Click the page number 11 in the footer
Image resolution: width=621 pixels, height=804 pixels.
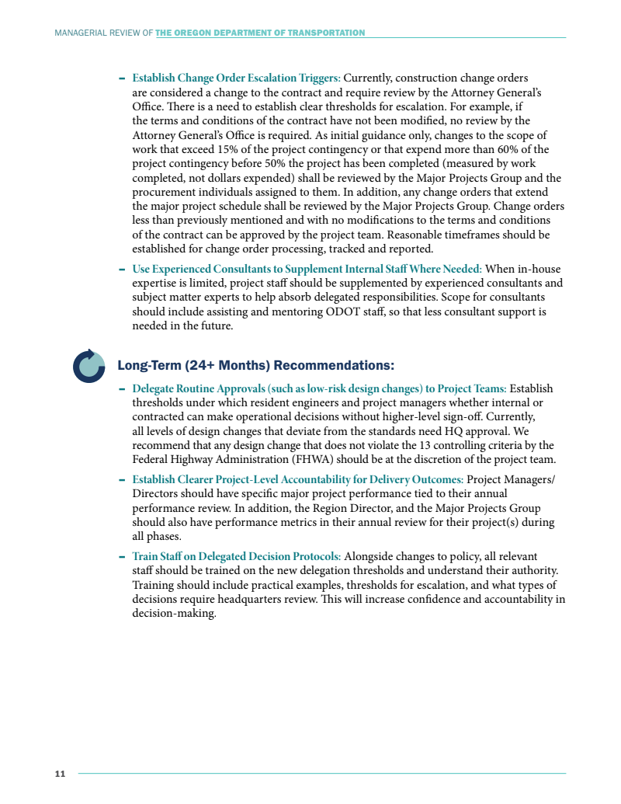59,773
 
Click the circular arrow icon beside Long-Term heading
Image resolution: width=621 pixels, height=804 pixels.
88,366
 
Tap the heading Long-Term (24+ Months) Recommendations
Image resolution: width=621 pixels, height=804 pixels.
255,365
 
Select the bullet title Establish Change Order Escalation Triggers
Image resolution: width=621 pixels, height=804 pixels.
236,78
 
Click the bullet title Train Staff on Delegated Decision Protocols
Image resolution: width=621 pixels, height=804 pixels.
236,556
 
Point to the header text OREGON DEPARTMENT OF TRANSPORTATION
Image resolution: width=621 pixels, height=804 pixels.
260,33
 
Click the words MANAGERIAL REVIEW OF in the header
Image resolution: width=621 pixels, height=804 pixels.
103,33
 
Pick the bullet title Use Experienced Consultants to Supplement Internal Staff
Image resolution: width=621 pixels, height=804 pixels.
307,269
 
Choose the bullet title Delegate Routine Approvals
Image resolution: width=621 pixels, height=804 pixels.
319,388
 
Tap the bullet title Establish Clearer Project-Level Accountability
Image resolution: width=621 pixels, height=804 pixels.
298,480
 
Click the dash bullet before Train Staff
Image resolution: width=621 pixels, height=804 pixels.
123,556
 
